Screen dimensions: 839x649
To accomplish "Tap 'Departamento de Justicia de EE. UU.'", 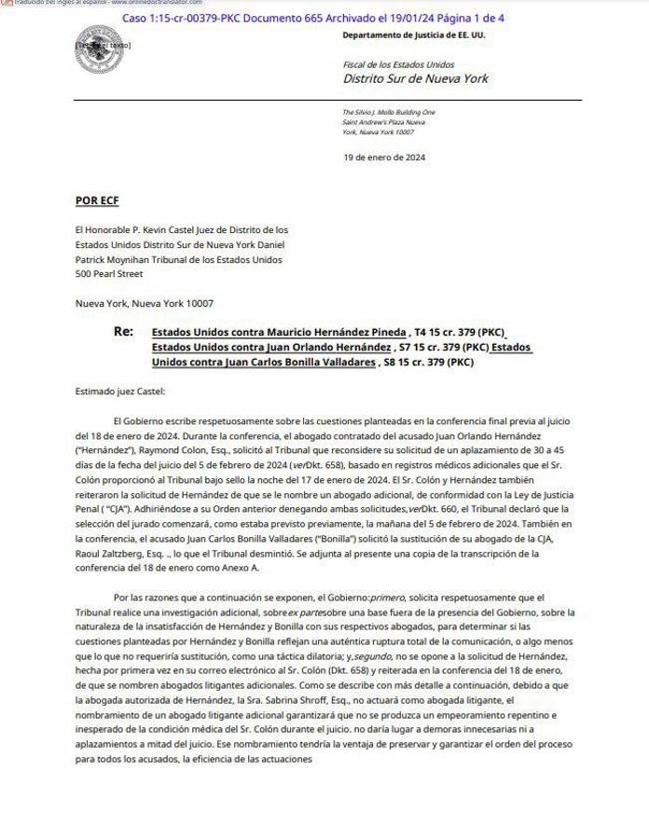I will (x=413, y=35).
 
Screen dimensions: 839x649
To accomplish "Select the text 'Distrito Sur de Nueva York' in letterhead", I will (x=415, y=78).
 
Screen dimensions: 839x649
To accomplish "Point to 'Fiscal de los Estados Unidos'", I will (x=398, y=64).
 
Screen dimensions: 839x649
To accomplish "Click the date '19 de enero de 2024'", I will (x=384, y=158).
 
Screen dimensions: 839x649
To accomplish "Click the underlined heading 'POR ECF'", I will (x=97, y=200).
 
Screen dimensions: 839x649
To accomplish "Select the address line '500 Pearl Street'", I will (x=109, y=274).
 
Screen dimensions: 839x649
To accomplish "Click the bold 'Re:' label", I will (x=123, y=331).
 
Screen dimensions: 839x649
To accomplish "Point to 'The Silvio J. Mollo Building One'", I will (x=389, y=112).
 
